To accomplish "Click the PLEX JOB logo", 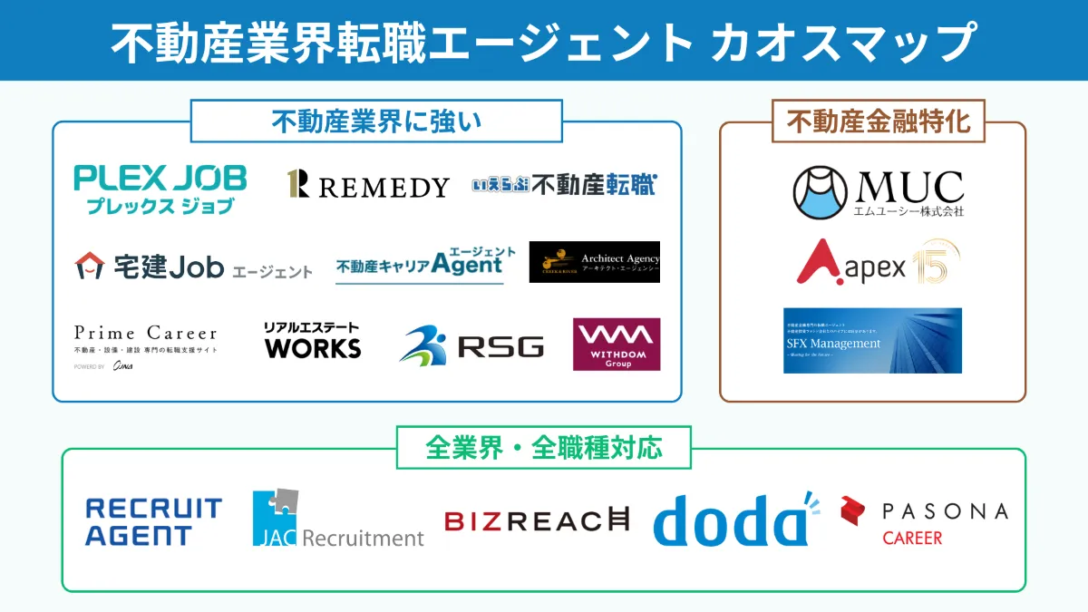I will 160,189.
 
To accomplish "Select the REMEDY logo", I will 367,185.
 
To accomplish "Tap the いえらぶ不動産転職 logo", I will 563,185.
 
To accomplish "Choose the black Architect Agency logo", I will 595,261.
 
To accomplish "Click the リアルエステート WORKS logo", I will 312,340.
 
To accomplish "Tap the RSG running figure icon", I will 423,345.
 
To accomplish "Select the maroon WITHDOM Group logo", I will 617,344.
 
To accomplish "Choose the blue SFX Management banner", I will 872,341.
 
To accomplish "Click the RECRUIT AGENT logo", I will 153,521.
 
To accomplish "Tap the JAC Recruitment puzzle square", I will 276,518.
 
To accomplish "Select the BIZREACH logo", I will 537,520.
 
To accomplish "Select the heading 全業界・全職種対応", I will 544,448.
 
